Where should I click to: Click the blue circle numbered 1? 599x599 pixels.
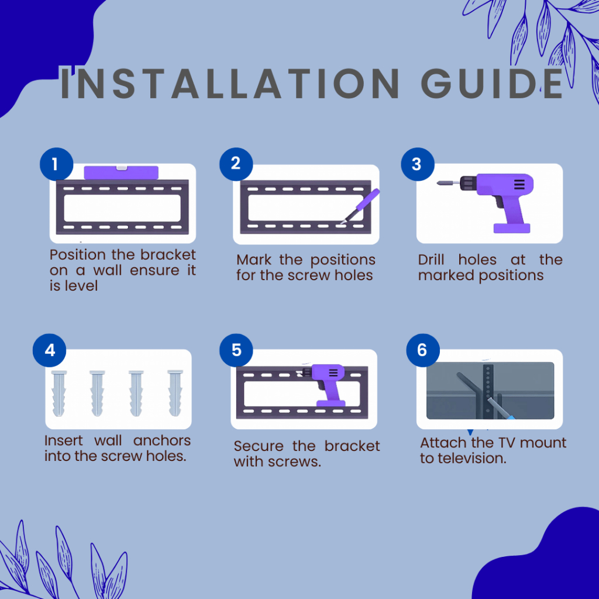pos(56,164)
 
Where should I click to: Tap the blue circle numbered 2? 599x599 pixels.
pos(236,164)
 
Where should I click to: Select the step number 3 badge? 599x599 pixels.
pos(418,164)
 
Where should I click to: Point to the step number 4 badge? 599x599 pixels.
pos(50,350)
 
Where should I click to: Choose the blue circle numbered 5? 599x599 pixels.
pos(236,350)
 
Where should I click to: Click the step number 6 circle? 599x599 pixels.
pos(423,350)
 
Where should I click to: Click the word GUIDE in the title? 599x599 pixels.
pos(492,83)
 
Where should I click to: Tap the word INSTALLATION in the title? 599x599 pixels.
pos(230,83)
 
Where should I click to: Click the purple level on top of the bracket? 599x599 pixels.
pos(121,173)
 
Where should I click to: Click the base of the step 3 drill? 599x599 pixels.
pos(512,228)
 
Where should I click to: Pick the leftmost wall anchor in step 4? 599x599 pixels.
pos(59,393)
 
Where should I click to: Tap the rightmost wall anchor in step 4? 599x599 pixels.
pos(175,393)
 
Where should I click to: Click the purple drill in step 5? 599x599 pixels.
pos(324,385)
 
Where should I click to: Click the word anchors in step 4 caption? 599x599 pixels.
pos(162,441)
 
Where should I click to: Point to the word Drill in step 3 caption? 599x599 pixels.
pos(431,260)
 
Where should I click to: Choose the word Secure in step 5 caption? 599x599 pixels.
pos(259,446)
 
